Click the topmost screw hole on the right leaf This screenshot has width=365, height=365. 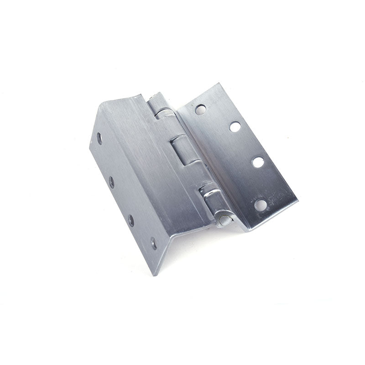[x=200, y=109]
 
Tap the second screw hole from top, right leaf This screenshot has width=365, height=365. [x=235, y=127]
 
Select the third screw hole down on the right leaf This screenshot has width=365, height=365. [x=257, y=162]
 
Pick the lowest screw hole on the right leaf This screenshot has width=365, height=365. [x=260, y=204]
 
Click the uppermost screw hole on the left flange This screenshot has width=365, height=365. [x=100, y=138]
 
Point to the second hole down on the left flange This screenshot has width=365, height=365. [x=112, y=182]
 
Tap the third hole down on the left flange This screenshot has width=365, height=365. [x=131, y=220]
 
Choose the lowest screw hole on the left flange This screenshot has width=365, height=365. [x=153, y=243]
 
